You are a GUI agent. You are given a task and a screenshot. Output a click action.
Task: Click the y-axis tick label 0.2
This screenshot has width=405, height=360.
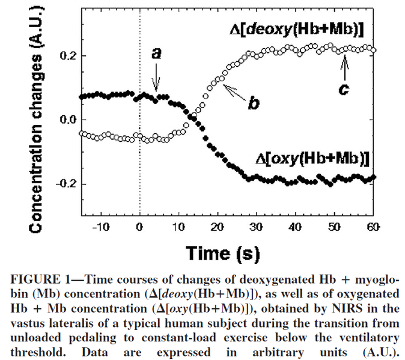(64, 56)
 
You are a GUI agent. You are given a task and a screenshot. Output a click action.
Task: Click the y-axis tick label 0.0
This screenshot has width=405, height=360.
(64, 120)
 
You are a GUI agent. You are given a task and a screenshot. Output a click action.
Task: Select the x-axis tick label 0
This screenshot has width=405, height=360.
(139, 227)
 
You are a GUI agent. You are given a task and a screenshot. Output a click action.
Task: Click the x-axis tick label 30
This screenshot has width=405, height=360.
(256, 227)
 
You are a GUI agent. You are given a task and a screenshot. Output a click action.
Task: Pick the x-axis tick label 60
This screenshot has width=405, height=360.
(373, 227)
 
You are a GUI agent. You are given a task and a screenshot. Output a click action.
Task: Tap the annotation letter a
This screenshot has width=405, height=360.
(156, 54)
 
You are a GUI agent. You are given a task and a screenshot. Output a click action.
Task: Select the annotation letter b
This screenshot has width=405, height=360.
(254, 103)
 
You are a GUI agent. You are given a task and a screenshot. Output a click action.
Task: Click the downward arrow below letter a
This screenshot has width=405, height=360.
(156, 76)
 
